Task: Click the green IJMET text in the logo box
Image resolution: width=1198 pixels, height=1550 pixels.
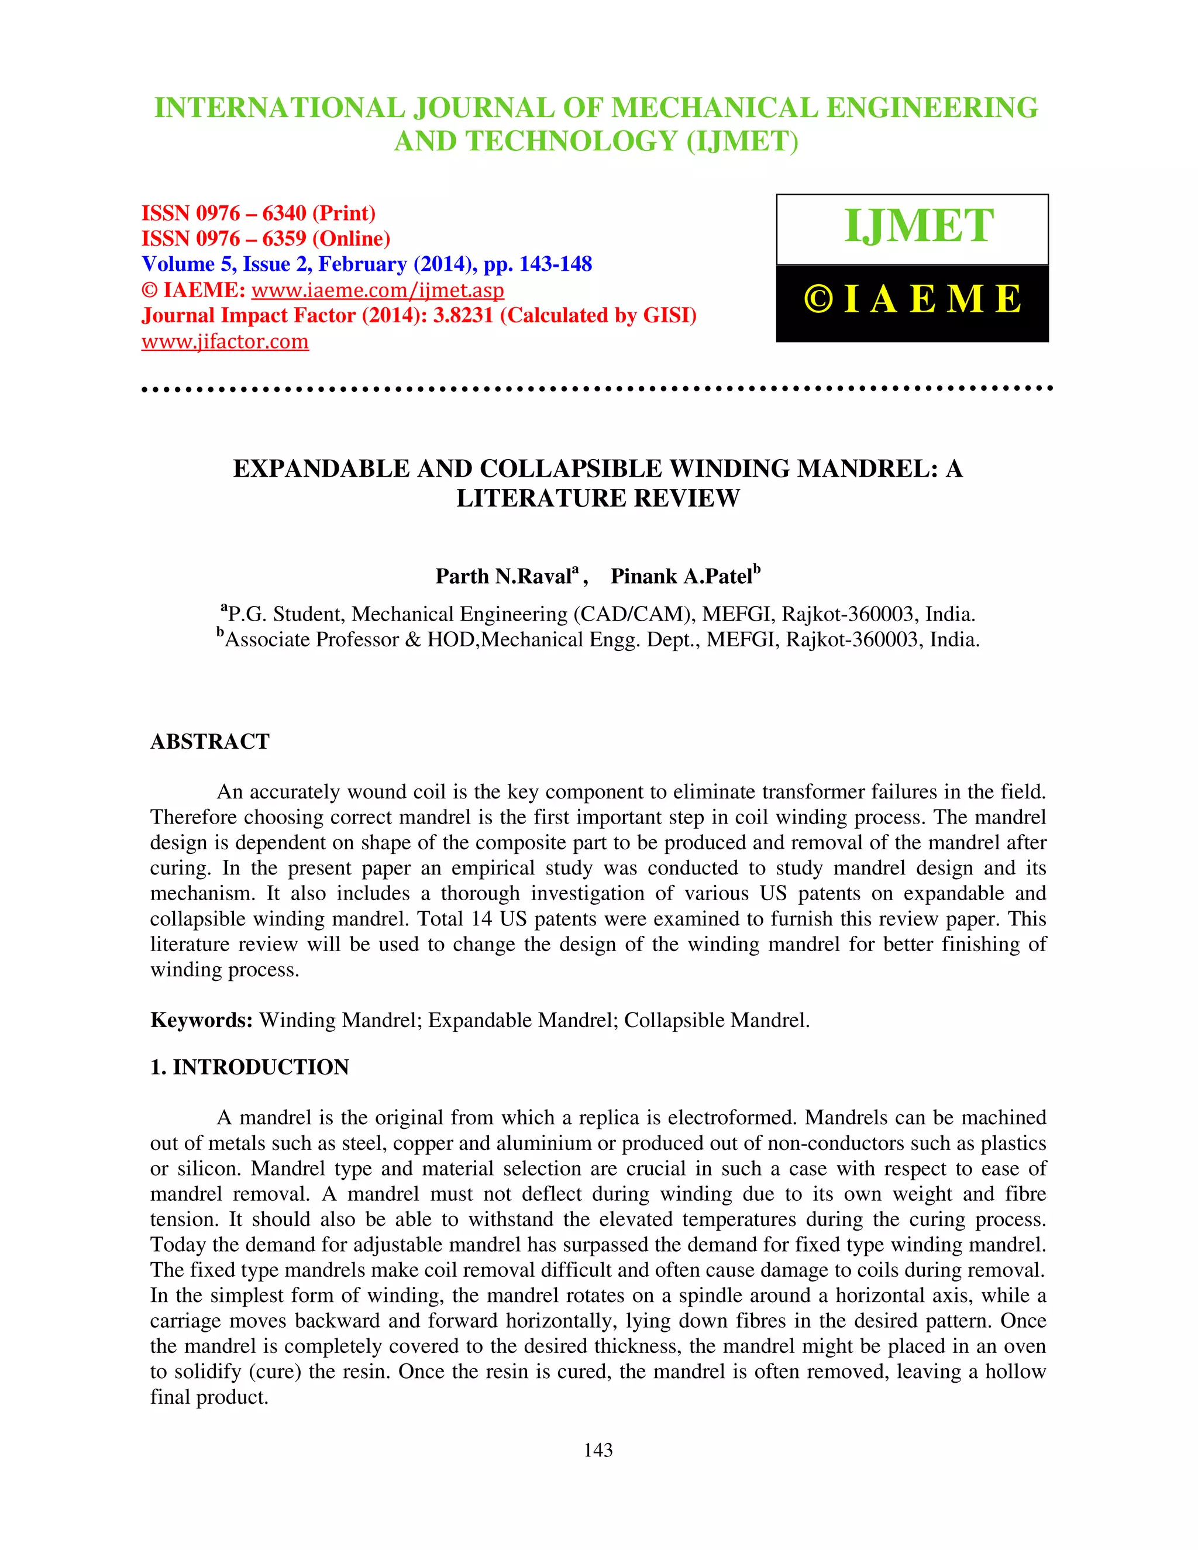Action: pyautogui.click(x=918, y=226)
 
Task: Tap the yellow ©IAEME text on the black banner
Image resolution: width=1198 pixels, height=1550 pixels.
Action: pyautogui.click(x=913, y=299)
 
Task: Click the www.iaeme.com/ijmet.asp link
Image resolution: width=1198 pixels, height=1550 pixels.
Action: pyautogui.click(x=377, y=290)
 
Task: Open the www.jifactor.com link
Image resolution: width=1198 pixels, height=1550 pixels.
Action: pyautogui.click(x=225, y=342)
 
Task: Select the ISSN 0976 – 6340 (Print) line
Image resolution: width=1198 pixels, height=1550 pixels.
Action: pyautogui.click(x=259, y=213)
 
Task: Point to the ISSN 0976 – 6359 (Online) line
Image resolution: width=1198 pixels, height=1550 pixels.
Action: pyautogui.click(x=266, y=239)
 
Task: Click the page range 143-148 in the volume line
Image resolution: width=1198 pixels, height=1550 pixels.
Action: pyautogui.click(x=556, y=264)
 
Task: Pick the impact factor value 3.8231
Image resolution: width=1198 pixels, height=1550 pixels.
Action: pyautogui.click(x=463, y=315)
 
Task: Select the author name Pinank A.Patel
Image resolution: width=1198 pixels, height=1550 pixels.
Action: pyautogui.click(x=681, y=576)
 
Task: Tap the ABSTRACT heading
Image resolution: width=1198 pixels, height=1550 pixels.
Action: pyautogui.click(x=210, y=742)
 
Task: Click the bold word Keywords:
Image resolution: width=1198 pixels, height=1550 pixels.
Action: pyautogui.click(x=202, y=1021)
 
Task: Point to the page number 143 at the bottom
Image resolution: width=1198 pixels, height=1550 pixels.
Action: pyautogui.click(x=598, y=1450)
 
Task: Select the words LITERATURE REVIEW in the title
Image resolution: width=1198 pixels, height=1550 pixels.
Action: pyautogui.click(x=598, y=499)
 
